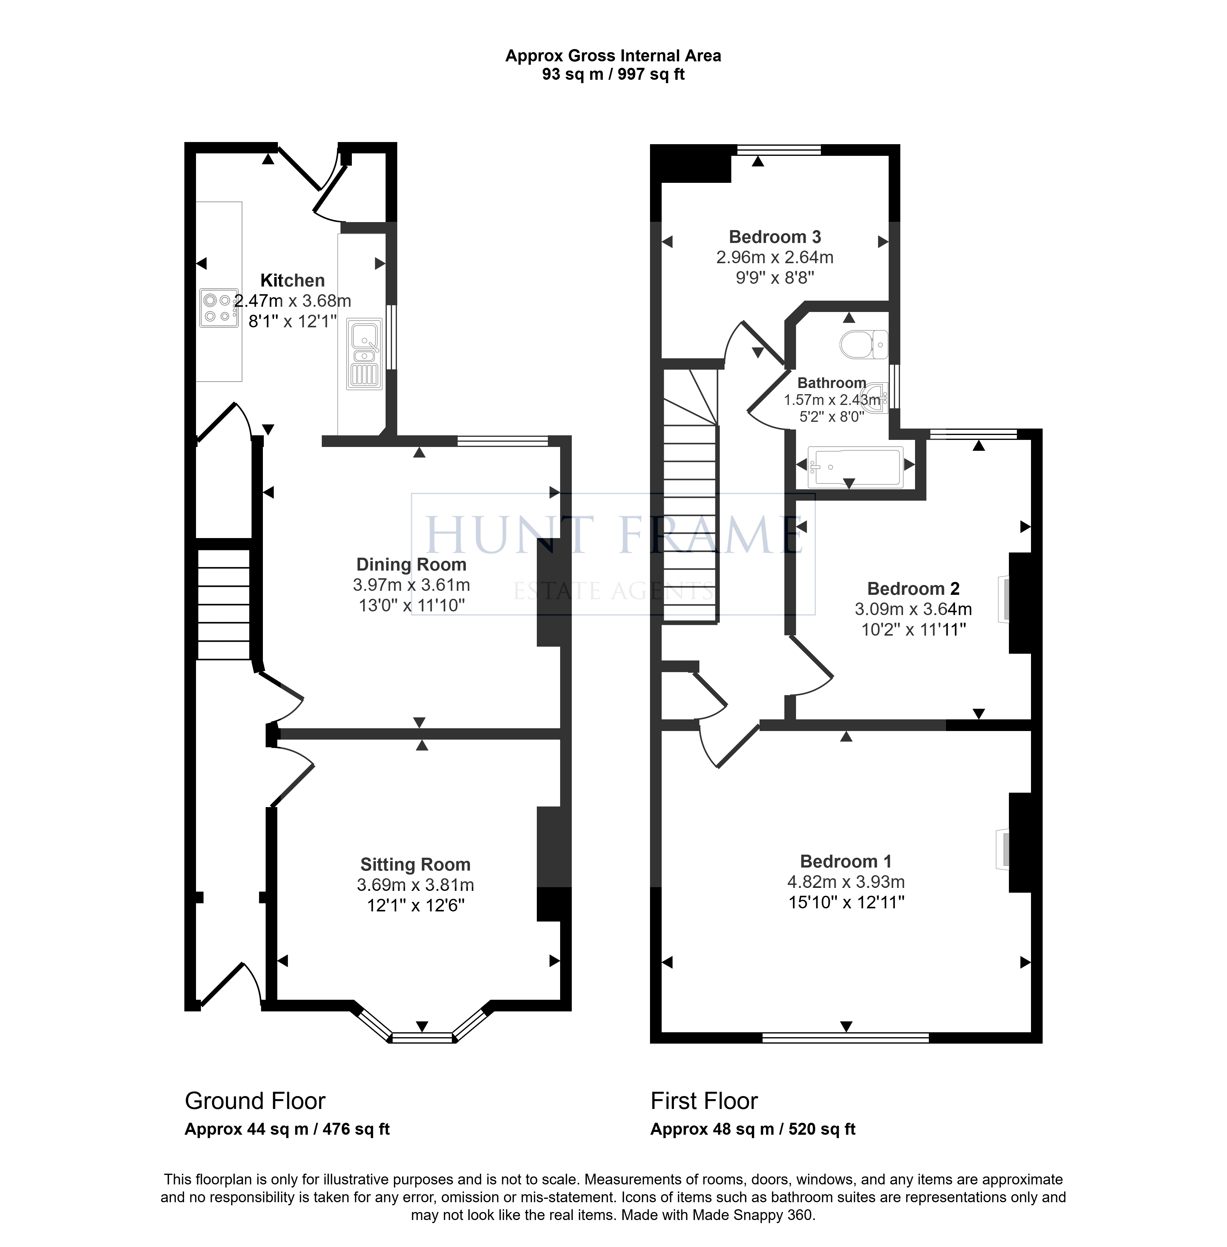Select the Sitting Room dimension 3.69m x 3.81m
[x=416, y=885]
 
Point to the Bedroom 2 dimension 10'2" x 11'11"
[x=914, y=629]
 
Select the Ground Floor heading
[x=255, y=1101]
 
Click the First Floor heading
[x=704, y=1101]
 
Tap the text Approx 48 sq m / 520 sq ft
[x=753, y=1129]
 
